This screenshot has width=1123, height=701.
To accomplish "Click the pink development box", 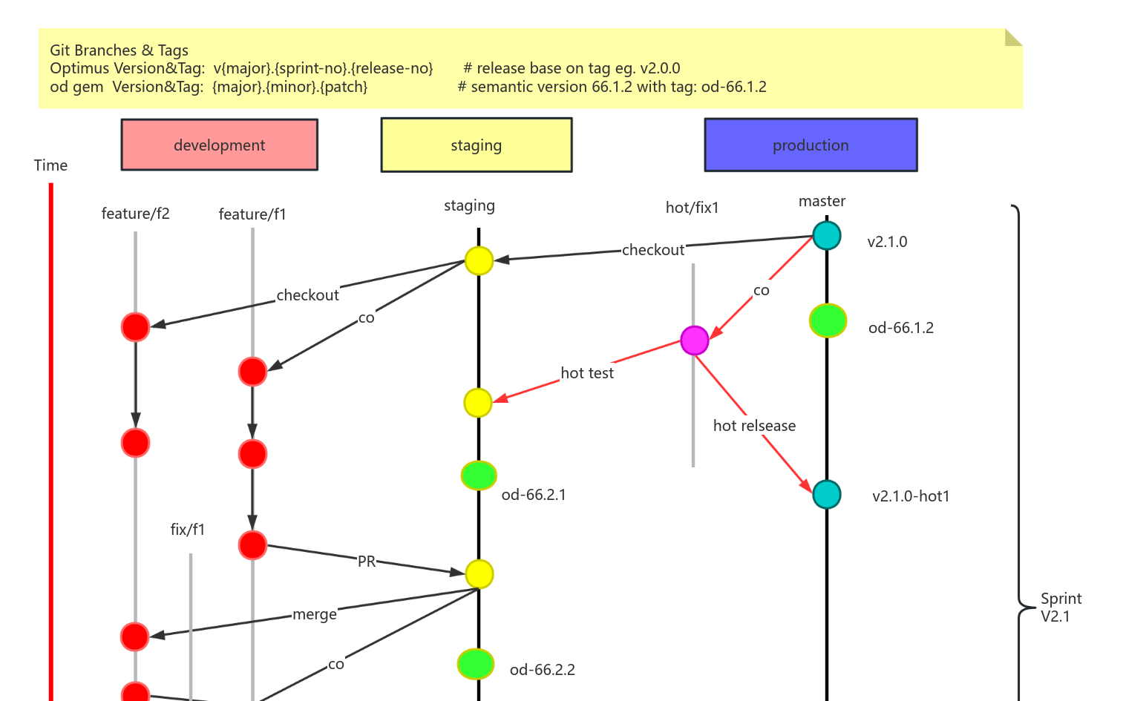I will (219, 145).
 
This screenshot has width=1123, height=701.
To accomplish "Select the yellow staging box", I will (476, 145).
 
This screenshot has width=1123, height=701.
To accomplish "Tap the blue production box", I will (811, 145).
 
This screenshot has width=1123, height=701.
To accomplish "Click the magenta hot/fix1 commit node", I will (694, 340).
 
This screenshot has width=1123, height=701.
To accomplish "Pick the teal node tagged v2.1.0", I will (826, 236).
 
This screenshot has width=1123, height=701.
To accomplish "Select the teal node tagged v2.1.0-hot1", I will (826, 495).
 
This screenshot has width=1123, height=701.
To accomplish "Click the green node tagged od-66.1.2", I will (828, 320).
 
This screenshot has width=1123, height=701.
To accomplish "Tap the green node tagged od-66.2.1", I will (479, 475).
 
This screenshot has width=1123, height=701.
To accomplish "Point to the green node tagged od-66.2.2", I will (476, 664).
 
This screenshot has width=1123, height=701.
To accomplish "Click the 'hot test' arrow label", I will (587, 373).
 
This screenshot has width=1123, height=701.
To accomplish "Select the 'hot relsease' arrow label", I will (754, 426).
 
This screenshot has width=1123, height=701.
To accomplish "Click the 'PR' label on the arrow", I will (367, 562).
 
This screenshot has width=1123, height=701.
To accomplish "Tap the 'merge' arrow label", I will (315, 614).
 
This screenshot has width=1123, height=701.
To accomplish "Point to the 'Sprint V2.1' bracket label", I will (1061, 608).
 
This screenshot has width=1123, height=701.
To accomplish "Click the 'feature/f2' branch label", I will (135, 214).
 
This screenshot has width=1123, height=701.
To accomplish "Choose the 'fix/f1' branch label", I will (188, 530).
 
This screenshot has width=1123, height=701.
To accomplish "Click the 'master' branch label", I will (822, 201).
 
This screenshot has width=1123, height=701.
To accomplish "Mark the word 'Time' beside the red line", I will (50, 165).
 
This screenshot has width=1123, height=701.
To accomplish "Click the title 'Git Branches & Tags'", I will (119, 50).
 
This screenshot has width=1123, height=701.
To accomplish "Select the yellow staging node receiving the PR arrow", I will (479, 574).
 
